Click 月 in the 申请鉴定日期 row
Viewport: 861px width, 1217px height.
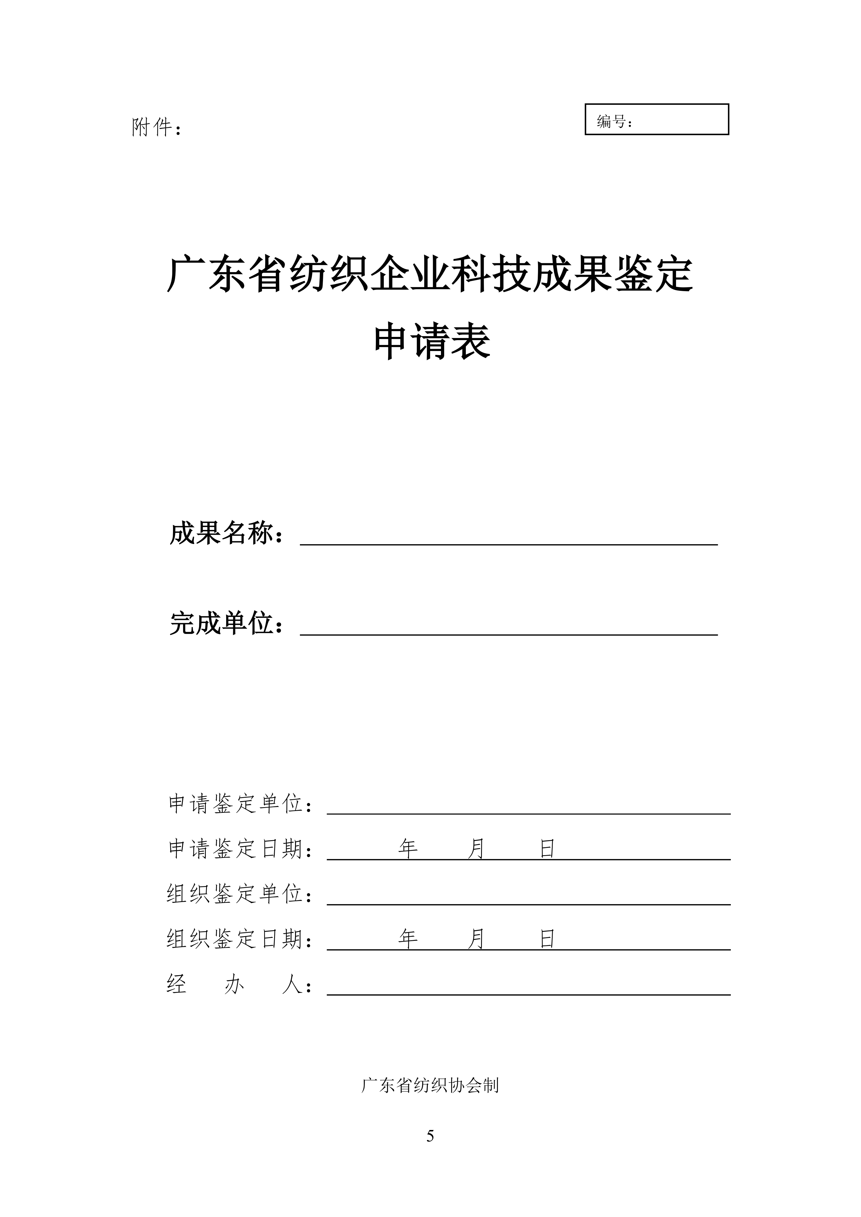pyautogui.click(x=477, y=849)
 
